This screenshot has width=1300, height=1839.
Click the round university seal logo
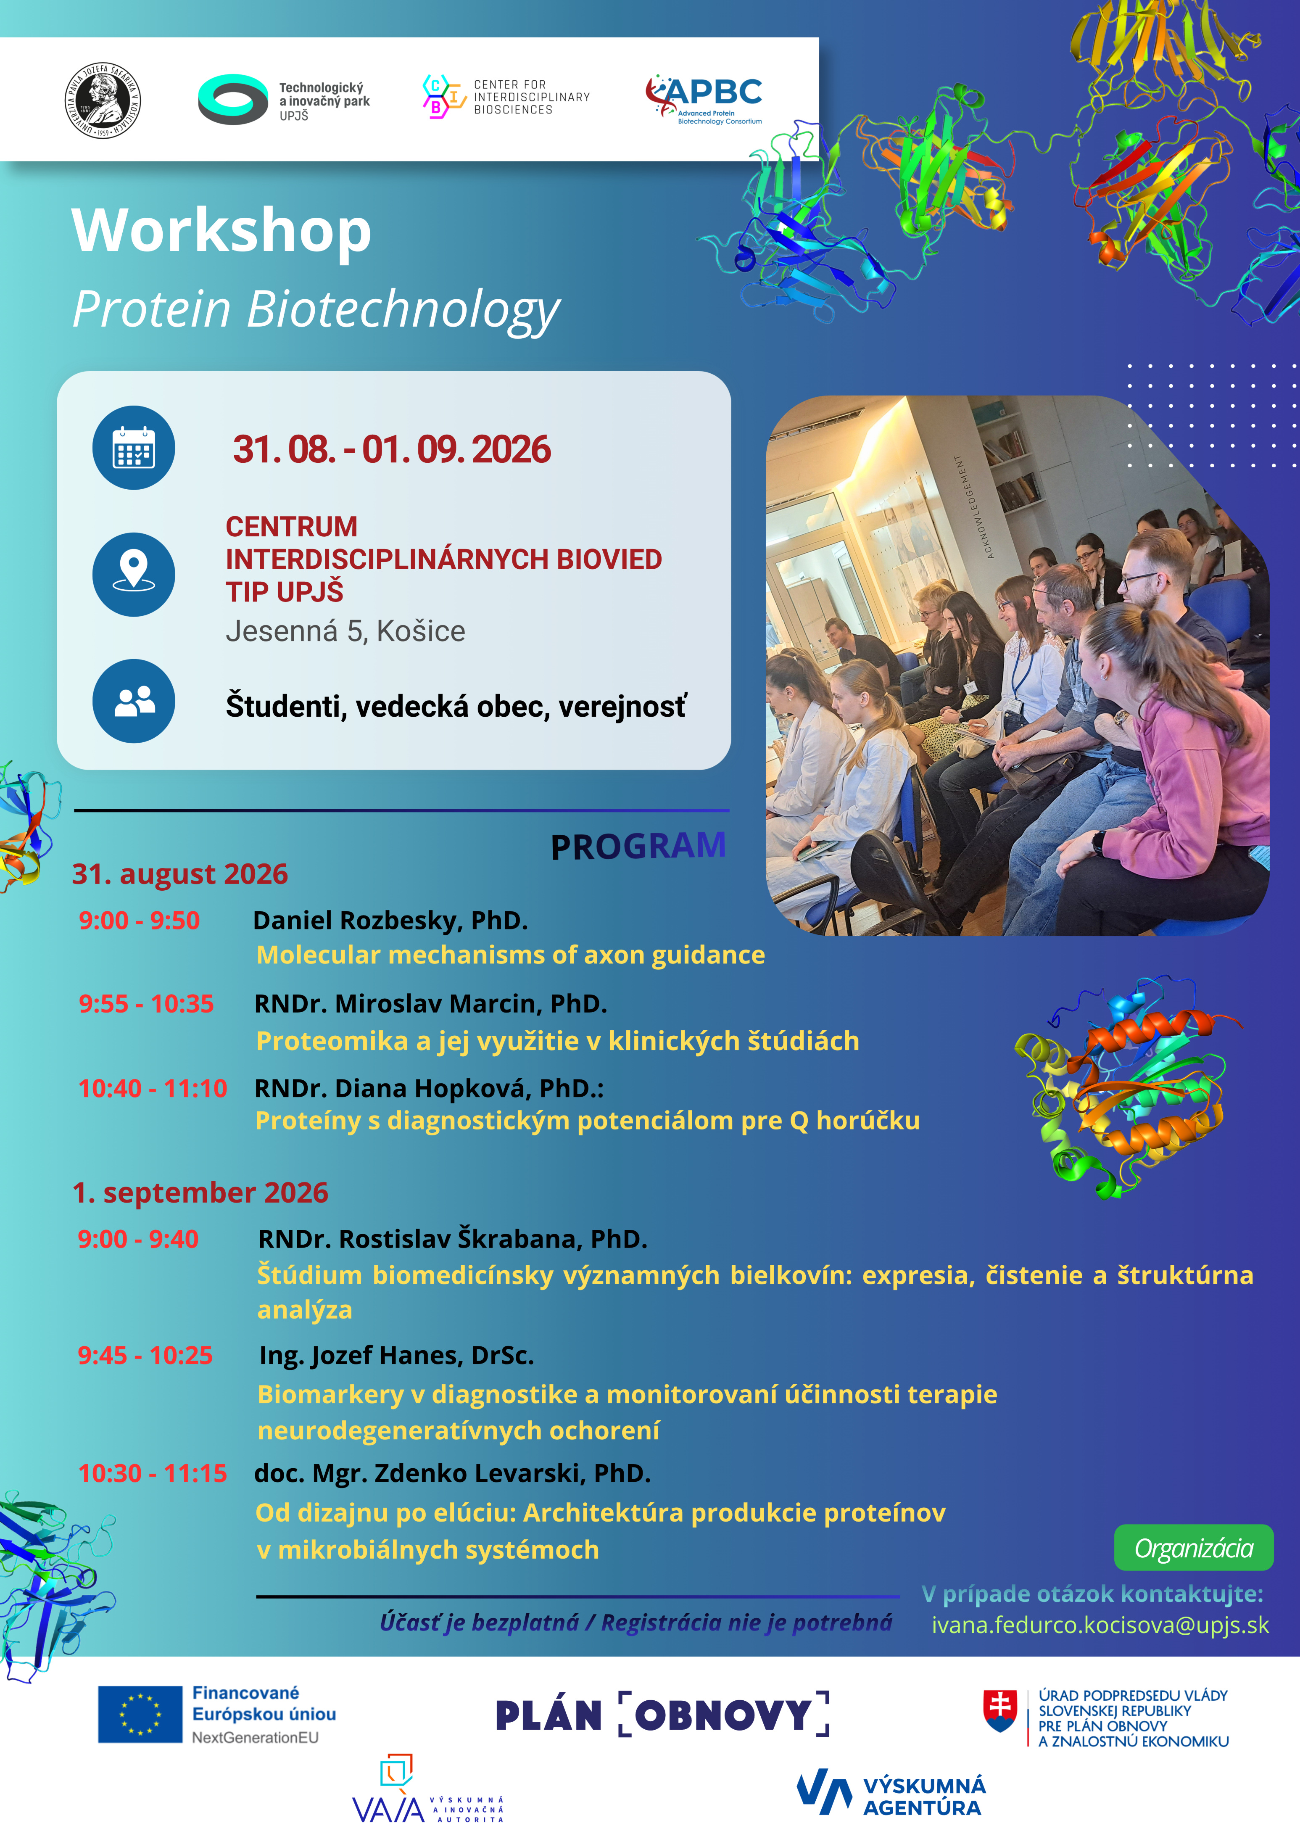point(103,101)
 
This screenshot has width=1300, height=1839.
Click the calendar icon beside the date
point(134,448)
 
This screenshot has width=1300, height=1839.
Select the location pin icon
point(134,574)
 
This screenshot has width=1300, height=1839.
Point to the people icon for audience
point(134,701)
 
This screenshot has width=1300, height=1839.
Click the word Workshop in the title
point(222,231)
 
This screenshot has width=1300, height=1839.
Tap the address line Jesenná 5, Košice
point(345,631)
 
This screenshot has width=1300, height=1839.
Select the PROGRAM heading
point(638,847)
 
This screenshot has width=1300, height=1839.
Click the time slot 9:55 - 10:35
point(146,1004)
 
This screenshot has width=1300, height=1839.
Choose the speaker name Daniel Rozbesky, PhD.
point(390,920)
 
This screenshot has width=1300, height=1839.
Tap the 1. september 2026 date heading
point(200,1193)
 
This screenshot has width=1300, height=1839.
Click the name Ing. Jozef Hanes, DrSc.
point(396,1355)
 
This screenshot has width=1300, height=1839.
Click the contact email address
point(1100,1625)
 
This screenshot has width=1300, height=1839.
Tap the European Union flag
point(140,1714)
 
